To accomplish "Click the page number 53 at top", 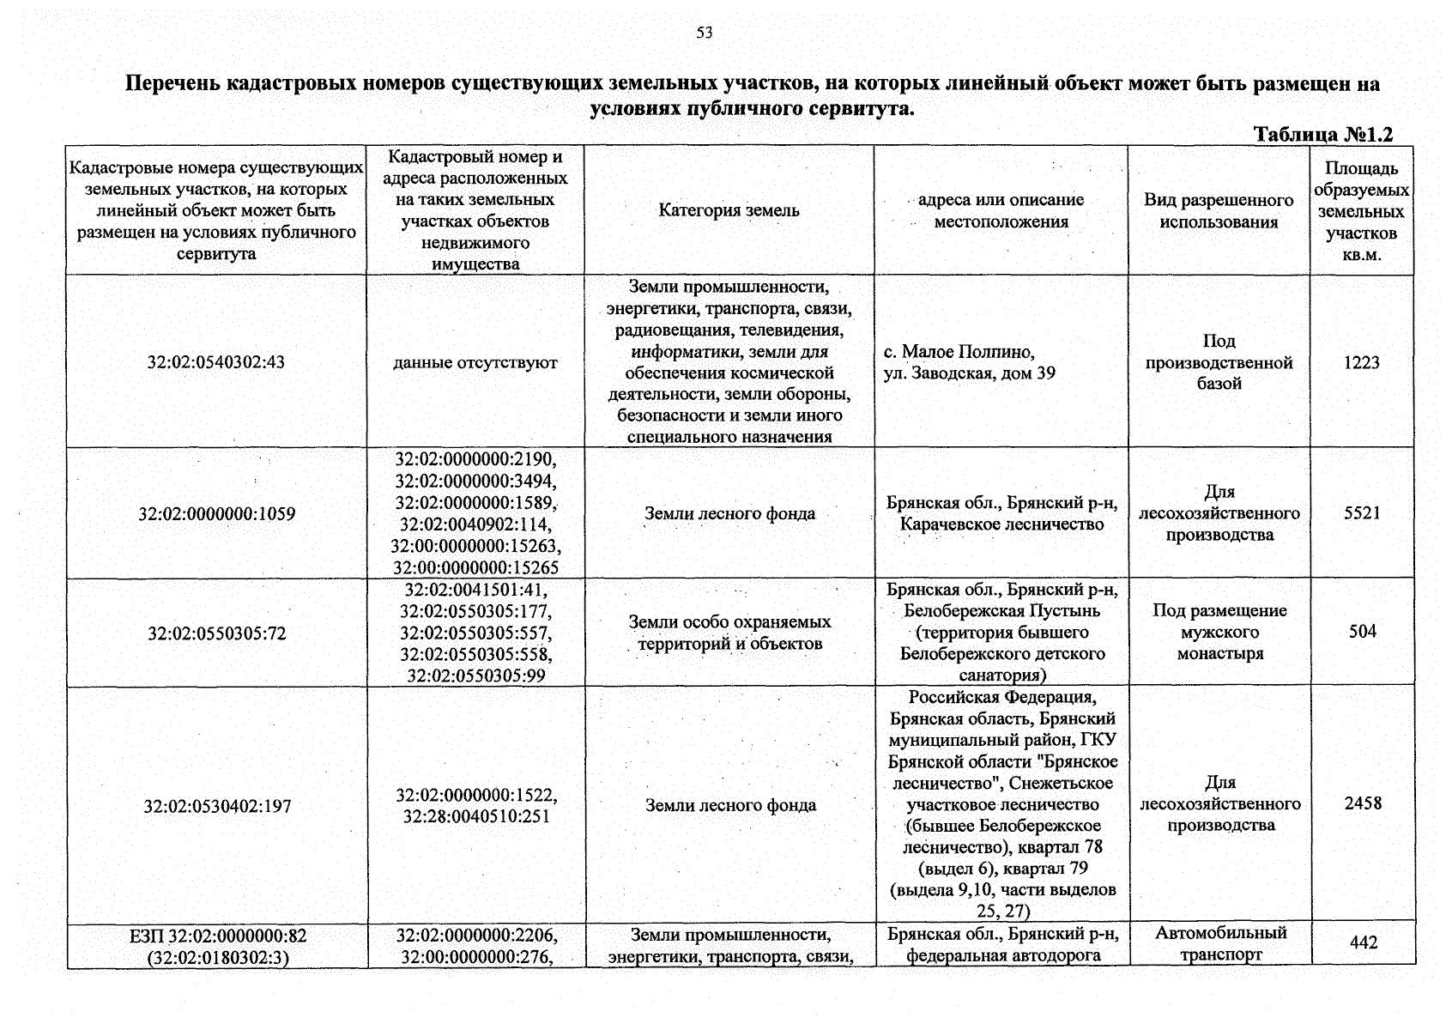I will [704, 33].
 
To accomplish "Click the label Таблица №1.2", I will [1322, 135].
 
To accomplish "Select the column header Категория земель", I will [729, 210].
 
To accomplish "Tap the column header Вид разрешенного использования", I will [1219, 211].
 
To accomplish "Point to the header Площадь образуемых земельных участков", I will [1361, 211].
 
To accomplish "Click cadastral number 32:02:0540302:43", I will [216, 362].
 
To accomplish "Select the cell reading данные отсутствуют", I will [475, 363].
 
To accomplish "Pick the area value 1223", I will [1361, 362].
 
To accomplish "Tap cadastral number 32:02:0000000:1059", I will [216, 514].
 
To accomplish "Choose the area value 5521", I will [1362, 513].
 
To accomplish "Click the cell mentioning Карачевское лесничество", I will [1002, 513].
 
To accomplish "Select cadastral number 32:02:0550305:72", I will [216, 633].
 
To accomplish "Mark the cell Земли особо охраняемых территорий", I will [729, 633].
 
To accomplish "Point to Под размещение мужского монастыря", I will [1219, 632].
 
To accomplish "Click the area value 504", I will [1362, 632].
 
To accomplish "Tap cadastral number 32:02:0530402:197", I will [217, 807].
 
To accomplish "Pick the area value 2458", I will [1362, 803].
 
